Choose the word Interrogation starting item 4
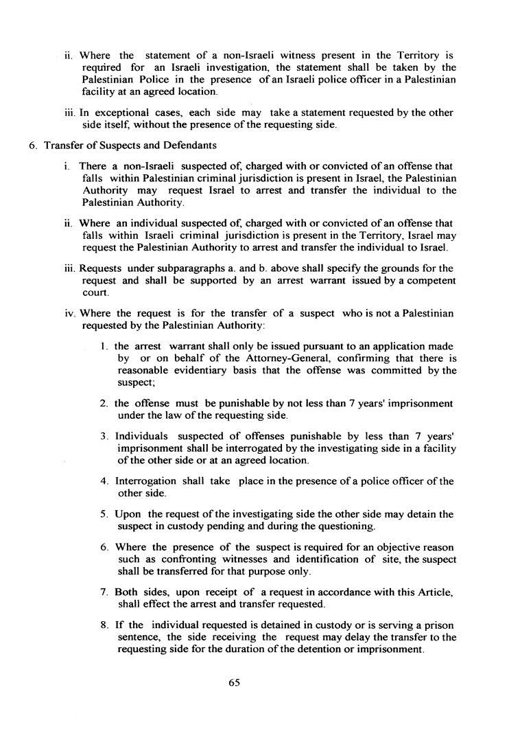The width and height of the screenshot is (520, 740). (145, 481)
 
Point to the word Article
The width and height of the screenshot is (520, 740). (434, 592)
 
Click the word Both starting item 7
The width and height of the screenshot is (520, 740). (126, 592)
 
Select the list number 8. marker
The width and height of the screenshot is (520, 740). (104, 625)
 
